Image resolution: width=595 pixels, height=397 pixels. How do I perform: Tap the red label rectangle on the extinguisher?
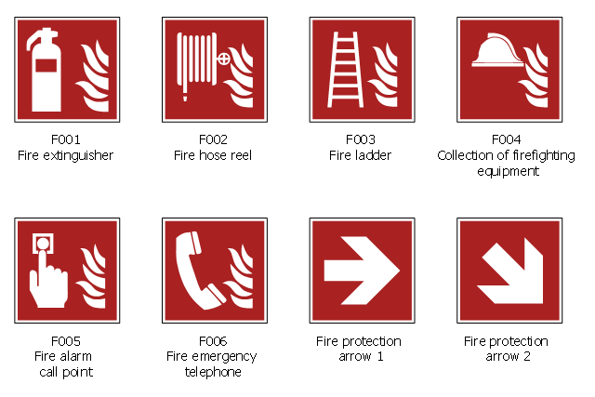point(46,65)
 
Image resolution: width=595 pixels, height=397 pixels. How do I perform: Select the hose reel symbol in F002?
point(196,64)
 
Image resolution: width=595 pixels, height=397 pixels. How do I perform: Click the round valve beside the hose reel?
point(224,59)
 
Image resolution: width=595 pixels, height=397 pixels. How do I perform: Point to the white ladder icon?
point(345,70)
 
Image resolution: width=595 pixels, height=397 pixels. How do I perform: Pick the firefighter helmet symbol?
point(497,50)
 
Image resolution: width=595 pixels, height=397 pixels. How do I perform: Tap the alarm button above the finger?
point(43,243)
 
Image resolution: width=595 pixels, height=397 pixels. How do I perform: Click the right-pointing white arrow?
point(362,271)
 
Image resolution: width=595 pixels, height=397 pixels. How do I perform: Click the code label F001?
point(66,139)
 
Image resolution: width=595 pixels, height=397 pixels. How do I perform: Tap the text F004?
point(506,139)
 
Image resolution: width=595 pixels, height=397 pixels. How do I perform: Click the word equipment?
point(509,172)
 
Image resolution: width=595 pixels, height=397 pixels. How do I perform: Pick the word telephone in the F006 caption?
point(213,372)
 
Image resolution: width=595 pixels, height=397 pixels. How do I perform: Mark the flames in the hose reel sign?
point(239,76)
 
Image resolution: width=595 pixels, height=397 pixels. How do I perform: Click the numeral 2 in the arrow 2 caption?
point(527,356)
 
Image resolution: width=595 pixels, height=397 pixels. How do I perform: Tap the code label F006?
point(213,341)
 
